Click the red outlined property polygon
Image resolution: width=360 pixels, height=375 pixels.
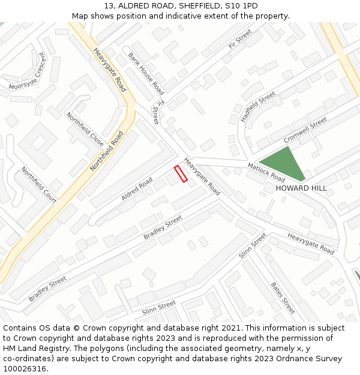[181, 173]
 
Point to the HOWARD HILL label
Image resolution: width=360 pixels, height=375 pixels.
[301, 188]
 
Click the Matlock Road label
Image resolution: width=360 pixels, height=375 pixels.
[266, 172]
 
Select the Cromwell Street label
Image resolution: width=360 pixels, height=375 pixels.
[305, 130]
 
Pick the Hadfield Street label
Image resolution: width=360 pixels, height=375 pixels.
[257, 107]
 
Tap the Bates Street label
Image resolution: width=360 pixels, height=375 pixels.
[283, 298]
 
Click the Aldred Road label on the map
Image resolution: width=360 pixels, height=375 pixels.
[137, 188]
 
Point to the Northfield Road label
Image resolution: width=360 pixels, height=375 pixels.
[106, 151]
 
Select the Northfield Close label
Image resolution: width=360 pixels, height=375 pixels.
[85, 129]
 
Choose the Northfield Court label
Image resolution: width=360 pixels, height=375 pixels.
[38, 185]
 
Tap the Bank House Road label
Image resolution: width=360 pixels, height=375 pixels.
[146, 73]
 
